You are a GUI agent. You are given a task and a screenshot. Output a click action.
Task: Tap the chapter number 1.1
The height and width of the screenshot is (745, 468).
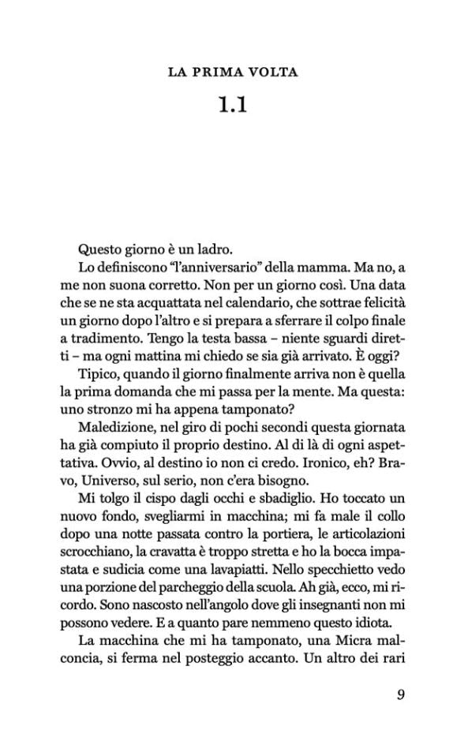click(234, 105)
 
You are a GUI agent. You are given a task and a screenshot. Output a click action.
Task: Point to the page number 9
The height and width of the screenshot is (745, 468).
click(401, 695)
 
